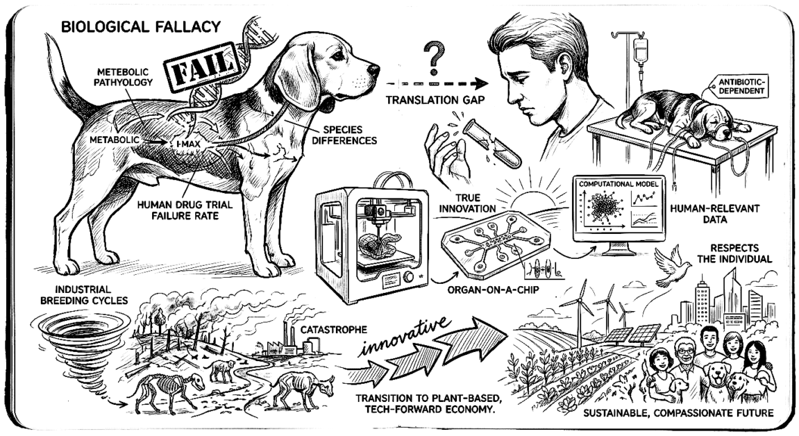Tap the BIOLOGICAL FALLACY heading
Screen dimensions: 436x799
141,27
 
